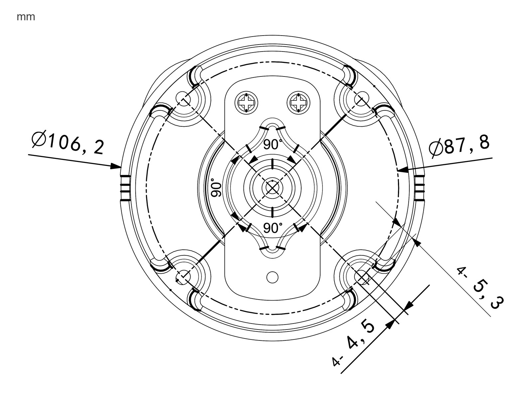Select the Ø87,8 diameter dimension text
(x=459, y=146)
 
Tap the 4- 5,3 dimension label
(x=480, y=288)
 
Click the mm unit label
(x=26, y=17)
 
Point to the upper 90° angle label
(x=273, y=145)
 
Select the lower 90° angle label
(x=273, y=228)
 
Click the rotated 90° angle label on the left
(x=216, y=188)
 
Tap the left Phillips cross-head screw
(x=246, y=102)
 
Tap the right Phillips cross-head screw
(x=298, y=102)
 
